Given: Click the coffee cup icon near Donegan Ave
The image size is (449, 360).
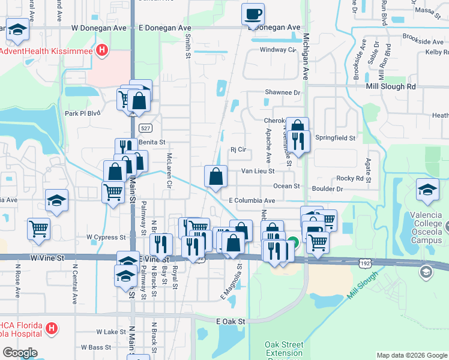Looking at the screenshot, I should pyautogui.click(x=253, y=13).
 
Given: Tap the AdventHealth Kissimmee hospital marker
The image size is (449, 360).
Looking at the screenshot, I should pyautogui.click(x=103, y=51).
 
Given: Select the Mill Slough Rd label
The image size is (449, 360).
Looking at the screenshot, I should pyautogui.click(x=391, y=86).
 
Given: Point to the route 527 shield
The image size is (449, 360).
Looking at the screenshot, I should pyautogui.click(x=144, y=128).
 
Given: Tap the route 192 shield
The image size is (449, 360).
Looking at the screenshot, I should pyautogui.click(x=364, y=262).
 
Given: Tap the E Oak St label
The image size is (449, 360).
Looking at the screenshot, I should pyautogui.click(x=231, y=322).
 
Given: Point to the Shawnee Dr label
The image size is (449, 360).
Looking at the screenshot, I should pyautogui.click(x=282, y=92).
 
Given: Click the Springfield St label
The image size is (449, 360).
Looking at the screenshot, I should pyautogui.click(x=335, y=138).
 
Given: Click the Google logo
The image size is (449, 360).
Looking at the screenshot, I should pyautogui.click(x=20, y=353).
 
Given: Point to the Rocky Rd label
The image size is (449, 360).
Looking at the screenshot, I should pyautogui.click(x=350, y=178).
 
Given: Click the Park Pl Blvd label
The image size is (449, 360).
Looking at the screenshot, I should pyautogui.click(x=82, y=113).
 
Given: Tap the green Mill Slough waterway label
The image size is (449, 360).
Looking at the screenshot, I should pyautogui.click(x=361, y=287).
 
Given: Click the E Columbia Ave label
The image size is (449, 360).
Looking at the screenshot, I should pyautogui.click(x=252, y=200).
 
